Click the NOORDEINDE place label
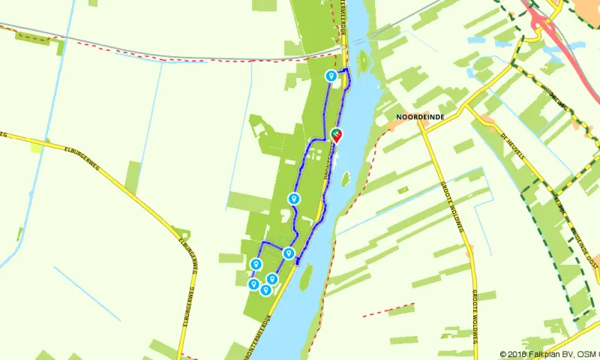coord(416,117)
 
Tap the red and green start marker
coord(336,134)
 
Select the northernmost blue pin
coord(331,76)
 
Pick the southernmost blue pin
coord(265,289)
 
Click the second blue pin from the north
coord(294,199)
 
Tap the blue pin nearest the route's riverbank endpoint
coord(288,253)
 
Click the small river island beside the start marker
coord(346,179)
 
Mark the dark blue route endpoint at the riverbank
coord(298,261)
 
